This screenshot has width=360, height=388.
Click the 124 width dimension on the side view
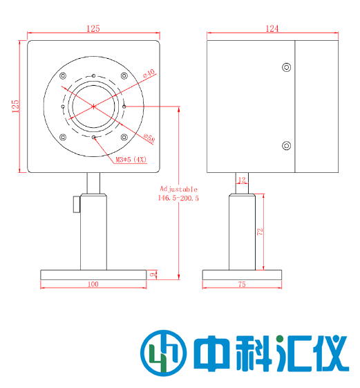pyautogui.click(x=272, y=28)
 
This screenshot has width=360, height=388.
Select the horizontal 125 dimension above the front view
pyautogui.click(x=93, y=28)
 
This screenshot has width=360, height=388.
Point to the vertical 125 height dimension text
pyautogui.click(x=16, y=107)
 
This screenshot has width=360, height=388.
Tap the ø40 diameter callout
pyautogui.click(x=148, y=72)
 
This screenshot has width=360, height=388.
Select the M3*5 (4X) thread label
pyautogui.click(x=131, y=160)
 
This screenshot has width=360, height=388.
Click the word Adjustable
pyautogui.click(x=179, y=188)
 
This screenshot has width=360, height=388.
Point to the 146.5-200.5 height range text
pyautogui.click(x=179, y=198)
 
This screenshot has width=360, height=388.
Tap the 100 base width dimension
pyautogui.click(x=93, y=284)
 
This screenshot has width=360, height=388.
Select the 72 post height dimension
pyautogui.click(x=260, y=232)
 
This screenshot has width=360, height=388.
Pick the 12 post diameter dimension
pyautogui.click(x=241, y=180)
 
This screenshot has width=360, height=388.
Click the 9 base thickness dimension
pyautogui.click(x=153, y=275)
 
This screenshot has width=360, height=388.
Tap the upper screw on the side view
pyautogui.click(x=286, y=67)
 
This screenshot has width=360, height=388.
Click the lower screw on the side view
pyautogui.click(x=286, y=145)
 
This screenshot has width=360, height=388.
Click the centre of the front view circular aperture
pyautogui.click(x=93, y=106)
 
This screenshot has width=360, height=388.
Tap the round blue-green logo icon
pyautogui.click(x=162, y=353)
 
